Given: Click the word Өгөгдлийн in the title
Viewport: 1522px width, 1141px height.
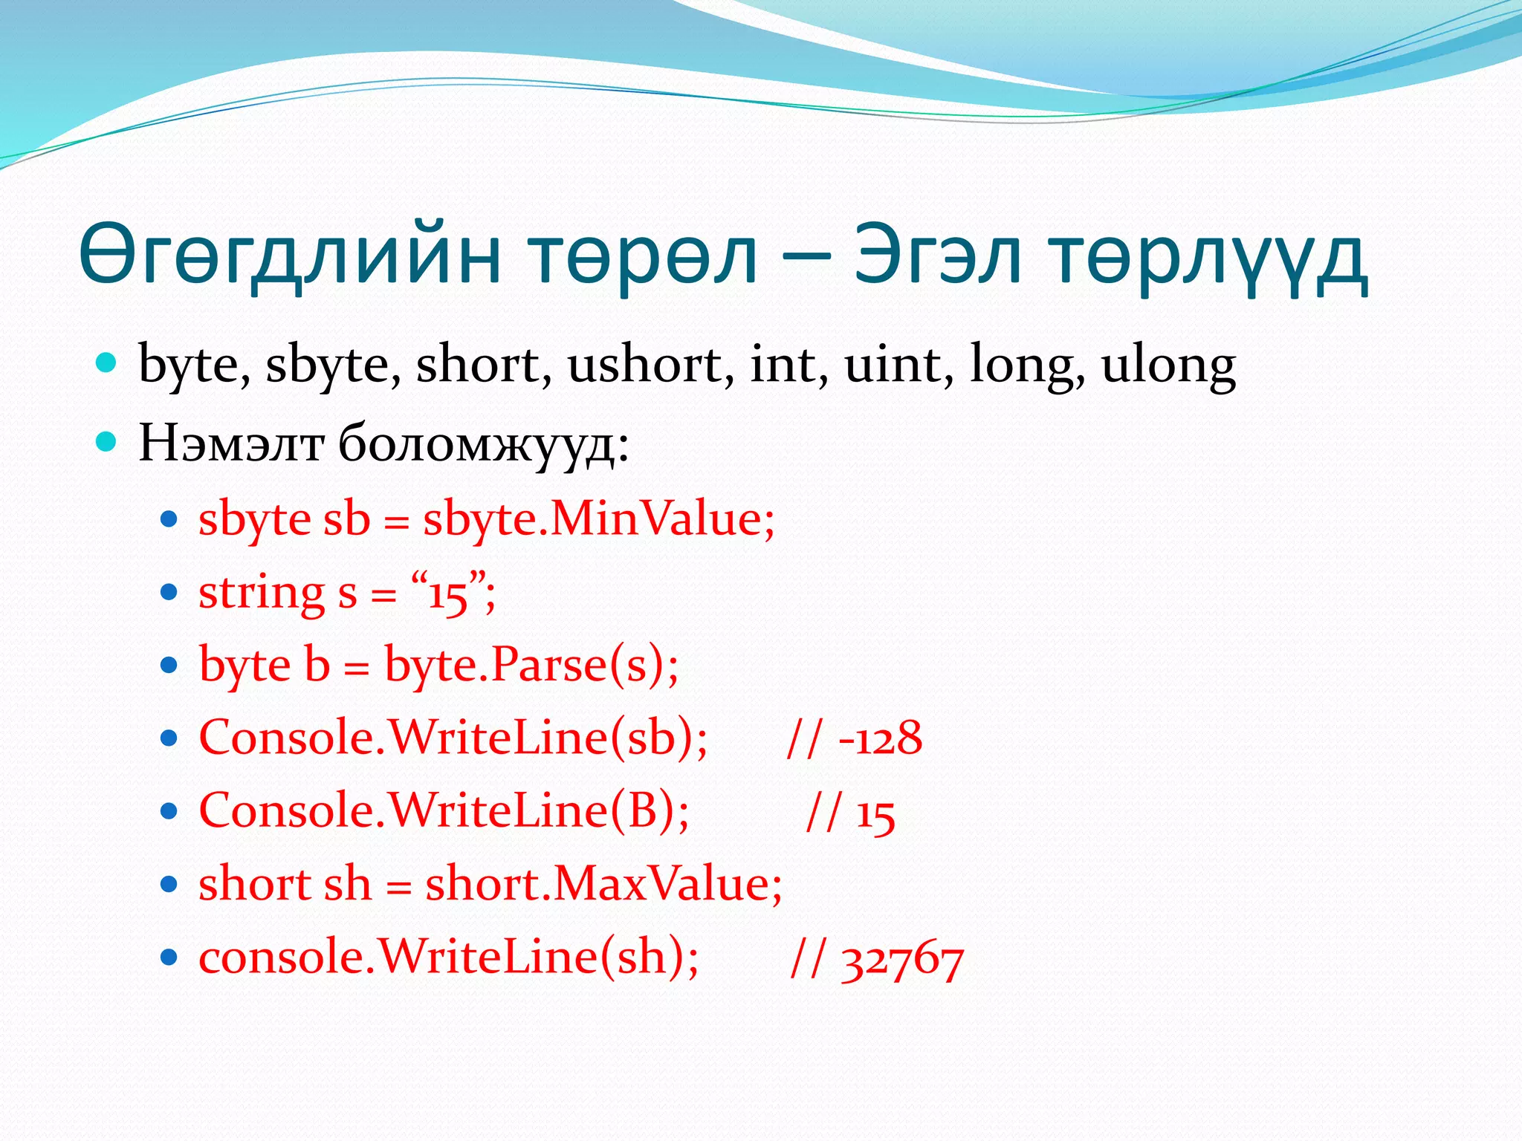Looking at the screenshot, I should pyautogui.click(x=290, y=255).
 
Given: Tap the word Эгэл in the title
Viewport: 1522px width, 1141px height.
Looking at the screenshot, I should pyautogui.click(x=938, y=255).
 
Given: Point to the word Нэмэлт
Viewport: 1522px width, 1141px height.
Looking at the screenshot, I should pyautogui.click(x=231, y=443).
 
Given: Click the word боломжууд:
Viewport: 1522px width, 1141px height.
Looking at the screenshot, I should pyautogui.click(x=484, y=443).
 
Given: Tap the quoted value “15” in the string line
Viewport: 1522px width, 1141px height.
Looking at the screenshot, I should pyautogui.click(x=450, y=593).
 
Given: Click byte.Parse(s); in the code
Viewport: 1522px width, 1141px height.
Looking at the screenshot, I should pyautogui.click(x=531, y=664).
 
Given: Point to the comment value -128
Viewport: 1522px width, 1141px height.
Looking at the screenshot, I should pyautogui.click(x=880, y=738).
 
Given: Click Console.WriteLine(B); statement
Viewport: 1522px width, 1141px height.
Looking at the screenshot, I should pyautogui.click(x=444, y=810).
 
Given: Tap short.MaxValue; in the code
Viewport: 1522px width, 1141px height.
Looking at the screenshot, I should pyautogui.click(x=603, y=884).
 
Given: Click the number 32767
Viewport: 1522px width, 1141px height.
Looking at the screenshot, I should pyautogui.click(x=902, y=960).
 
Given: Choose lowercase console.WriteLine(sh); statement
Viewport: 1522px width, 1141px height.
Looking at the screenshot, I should pyautogui.click(x=449, y=956).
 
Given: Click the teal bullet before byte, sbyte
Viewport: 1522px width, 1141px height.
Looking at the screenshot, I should pyautogui.click(x=107, y=363).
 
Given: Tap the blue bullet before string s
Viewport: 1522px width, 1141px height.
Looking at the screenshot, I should pyautogui.click(x=169, y=592).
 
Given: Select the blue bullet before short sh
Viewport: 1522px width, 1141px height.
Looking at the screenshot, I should pyautogui.click(x=169, y=884).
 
